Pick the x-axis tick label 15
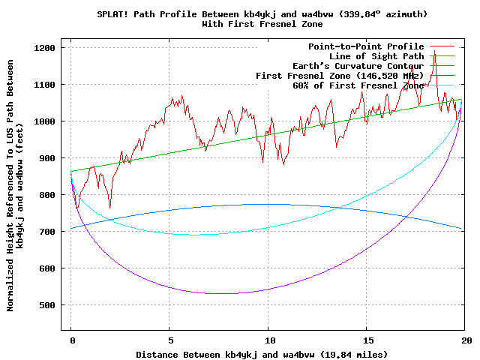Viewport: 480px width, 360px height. tap(366, 340)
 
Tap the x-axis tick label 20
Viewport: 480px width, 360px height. tap(464, 340)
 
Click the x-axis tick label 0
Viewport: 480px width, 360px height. tap(71, 340)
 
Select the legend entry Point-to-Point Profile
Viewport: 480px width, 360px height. tap(366, 46)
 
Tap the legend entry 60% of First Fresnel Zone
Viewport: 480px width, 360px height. tap(358, 85)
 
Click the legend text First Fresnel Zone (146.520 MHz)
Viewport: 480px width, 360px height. tap(340, 76)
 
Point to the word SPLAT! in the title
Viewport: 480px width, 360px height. tap(112, 14)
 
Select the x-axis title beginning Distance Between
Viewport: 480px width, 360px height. tap(262, 354)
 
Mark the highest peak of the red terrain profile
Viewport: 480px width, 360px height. tap(434, 51)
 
